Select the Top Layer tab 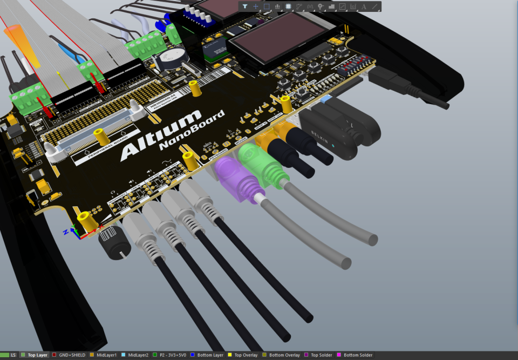tap(38, 355)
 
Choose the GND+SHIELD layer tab tap(72, 355)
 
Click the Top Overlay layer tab tap(245, 355)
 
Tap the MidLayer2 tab tap(138, 355)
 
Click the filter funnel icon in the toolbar tap(245, 6)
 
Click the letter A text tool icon tap(364, 6)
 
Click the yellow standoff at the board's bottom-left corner tap(85, 220)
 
